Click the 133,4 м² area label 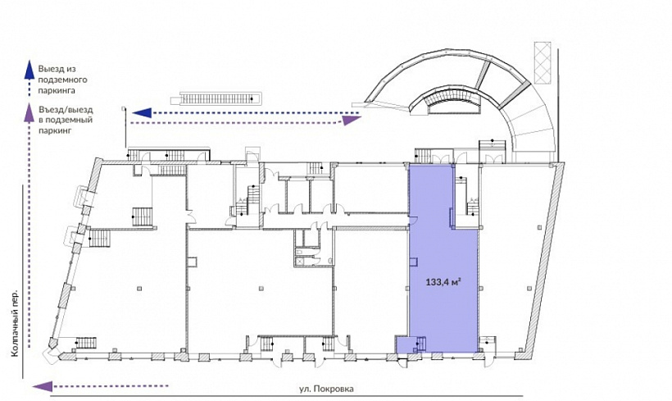[443, 282]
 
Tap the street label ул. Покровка [326, 389]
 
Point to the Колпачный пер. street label [15, 323]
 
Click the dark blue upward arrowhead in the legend [29, 69]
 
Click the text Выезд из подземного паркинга [62, 80]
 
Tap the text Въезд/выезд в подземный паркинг [65, 120]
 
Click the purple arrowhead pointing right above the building [351, 121]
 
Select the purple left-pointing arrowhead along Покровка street [43, 386]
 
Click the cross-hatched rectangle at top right [543, 62]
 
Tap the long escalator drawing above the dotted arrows [216, 99]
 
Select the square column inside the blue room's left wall [414, 261]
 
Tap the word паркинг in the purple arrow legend [55, 130]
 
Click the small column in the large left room [138, 288]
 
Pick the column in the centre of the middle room [261, 288]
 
